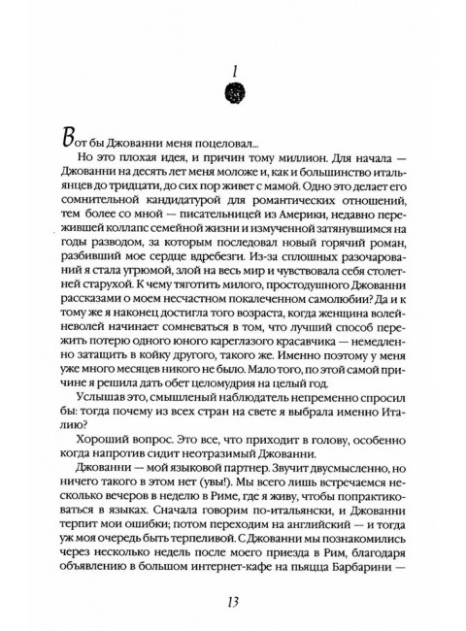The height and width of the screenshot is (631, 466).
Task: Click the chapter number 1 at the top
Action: (x=234, y=68)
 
